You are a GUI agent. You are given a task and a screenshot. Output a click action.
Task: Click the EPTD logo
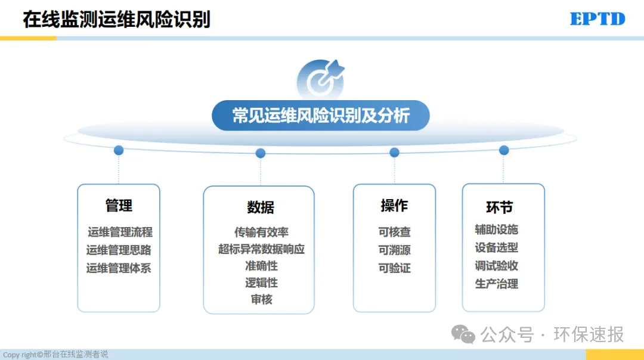click(x=597, y=19)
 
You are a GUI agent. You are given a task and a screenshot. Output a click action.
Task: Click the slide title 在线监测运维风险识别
click(x=117, y=19)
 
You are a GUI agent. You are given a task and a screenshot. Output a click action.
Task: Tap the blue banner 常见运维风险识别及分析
click(x=321, y=116)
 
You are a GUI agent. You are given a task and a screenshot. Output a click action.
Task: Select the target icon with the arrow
click(x=321, y=79)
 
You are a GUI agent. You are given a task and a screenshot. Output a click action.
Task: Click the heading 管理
click(x=119, y=205)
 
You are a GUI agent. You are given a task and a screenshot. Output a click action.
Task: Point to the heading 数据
click(x=261, y=207)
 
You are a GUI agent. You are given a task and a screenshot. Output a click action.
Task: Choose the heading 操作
click(x=394, y=205)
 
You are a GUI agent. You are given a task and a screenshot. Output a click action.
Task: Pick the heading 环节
click(x=500, y=207)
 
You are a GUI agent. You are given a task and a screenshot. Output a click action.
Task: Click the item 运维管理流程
click(x=120, y=232)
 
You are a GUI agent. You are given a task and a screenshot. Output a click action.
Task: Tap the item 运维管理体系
click(x=119, y=268)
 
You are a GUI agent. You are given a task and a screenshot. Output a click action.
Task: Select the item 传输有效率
click(x=262, y=232)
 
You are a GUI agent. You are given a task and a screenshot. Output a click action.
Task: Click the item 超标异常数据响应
click(x=262, y=249)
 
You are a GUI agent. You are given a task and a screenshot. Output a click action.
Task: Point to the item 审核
click(x=262, y=299)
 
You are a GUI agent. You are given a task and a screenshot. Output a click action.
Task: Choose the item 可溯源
click(x=394, y=250)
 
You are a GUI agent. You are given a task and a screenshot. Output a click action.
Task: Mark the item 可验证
click(x=394, y=268)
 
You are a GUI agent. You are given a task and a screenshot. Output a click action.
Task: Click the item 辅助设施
click(x=497, y=229)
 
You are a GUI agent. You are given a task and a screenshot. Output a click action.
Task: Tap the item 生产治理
click(x=497, y=284)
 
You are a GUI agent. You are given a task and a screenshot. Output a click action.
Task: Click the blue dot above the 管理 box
click(x=119, y=150)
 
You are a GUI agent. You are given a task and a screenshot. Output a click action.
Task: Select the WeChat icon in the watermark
click(x=463, y=334)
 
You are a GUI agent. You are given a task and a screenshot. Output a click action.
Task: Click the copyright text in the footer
click(x=55, y=354)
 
